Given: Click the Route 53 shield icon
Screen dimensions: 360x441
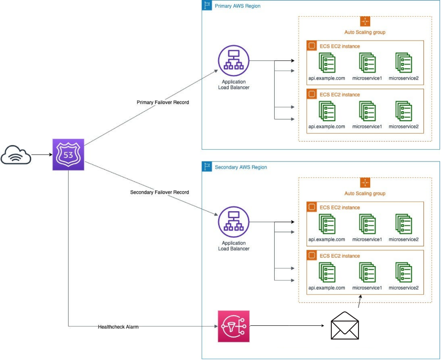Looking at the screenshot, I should [x=68, y=155].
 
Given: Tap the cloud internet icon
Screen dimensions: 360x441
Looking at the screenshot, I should [x=16, y=155].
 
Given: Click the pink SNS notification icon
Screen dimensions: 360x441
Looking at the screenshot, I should [x=233, y=326].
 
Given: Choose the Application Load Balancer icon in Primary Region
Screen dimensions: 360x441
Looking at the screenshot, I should [x=233, y=61].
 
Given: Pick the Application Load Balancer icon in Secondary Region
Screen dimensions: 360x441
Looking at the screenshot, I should [x=233, y=222].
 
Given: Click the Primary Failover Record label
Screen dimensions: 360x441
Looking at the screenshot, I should [x=162, y=102].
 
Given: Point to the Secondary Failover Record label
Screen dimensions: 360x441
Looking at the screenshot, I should [x=160, y=192].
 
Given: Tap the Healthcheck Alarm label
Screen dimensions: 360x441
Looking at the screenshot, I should [x=118, y=326].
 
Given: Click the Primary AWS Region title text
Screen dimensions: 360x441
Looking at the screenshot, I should [x=238, y=6].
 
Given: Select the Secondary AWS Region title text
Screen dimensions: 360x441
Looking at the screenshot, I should [x=241, y=167].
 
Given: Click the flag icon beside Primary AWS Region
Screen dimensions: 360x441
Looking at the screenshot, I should [x=207, y=6].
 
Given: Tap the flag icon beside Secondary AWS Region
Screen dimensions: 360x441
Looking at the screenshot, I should [x=207, y=167].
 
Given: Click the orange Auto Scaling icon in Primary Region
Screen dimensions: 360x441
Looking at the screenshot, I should [x=365, y=21].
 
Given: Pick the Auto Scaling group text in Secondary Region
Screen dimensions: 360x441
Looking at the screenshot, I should [x=365, y=194].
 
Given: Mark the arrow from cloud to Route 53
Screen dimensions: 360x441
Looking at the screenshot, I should [x=42, y=155].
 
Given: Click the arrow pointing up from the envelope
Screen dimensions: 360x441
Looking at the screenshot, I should [x=360, y=302].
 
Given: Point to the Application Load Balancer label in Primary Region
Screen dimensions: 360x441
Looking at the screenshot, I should [x=233, y=84].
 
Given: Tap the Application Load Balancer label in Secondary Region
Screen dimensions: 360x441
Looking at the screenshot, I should [x=233, y=246].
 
